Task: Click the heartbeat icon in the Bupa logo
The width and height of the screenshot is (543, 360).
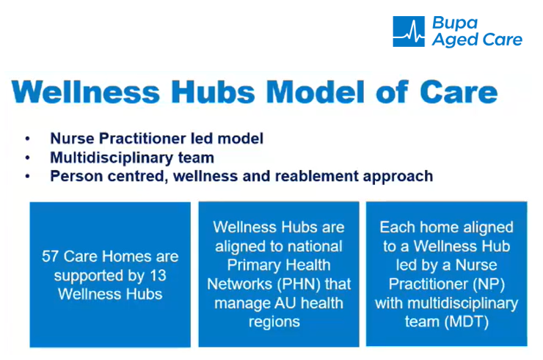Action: [409, 32]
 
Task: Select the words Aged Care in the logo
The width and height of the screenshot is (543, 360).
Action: [476, 40]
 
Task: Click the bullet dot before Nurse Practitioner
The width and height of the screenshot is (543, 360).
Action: [28, 139]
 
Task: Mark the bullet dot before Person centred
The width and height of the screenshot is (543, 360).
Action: [28, 177]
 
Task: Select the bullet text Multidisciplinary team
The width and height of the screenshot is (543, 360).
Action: [132, 158]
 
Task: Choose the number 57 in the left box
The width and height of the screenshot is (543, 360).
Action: [50, 257]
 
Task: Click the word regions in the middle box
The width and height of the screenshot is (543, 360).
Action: [279, 322]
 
